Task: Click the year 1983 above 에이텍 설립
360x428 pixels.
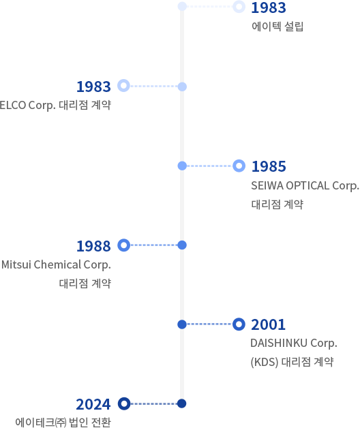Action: (268, 8)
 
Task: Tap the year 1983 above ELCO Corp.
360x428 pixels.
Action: (93, 87)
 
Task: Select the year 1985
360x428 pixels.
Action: (268, 166)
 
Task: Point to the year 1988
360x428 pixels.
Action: (93, 245)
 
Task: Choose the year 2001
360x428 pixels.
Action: (268, 324)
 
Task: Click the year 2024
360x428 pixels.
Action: (93, 403)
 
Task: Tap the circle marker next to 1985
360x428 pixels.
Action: (239, 166)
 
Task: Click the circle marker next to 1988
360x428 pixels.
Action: (123, 245)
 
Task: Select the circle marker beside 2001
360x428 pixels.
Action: (239, 324)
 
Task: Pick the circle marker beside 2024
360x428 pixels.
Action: (123, 403)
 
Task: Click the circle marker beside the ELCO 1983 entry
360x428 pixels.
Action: (123, 86)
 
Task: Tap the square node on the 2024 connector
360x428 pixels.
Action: (181, 403)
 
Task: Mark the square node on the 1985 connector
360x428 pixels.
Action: (182, 166)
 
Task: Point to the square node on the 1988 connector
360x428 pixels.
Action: (182, 245)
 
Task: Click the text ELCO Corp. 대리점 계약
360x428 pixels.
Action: (55, 106)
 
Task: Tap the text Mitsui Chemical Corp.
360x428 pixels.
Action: (56, 264)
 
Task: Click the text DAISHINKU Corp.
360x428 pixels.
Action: (294, 343)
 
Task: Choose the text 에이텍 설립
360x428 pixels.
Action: (277, 27)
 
